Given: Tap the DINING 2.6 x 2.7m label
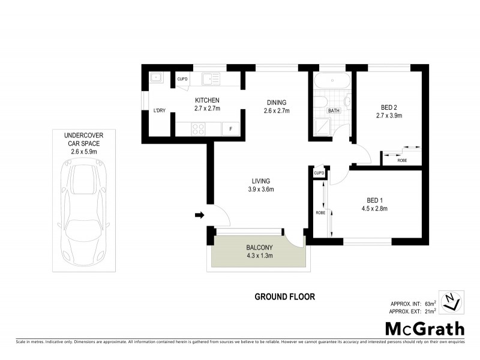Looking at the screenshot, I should (276, 106).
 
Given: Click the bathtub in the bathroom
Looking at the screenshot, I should (331, 80).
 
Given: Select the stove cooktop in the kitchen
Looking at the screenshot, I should (197, 128).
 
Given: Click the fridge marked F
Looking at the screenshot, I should (230, 129).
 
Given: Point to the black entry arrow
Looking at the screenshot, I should (200, 215).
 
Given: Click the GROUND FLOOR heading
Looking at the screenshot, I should (284, 296).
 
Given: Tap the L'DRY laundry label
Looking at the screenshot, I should (159, 110).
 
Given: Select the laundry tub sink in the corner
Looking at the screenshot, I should (155, 77).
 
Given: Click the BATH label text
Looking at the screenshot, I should (334, 111).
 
